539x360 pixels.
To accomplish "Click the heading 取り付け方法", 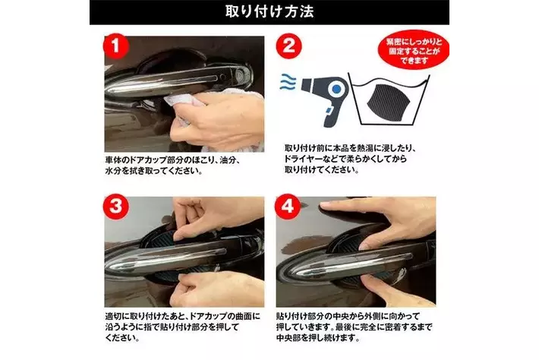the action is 269,11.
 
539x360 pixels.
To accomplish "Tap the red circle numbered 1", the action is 116,46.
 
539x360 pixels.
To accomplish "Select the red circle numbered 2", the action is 288,46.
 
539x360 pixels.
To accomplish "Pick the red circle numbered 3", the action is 116,207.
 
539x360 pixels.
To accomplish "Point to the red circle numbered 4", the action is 288,207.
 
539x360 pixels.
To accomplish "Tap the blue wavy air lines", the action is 288,82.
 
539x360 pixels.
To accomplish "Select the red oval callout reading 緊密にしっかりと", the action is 413,51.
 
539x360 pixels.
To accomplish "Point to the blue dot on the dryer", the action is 336,90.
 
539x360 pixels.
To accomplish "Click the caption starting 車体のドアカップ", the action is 172,166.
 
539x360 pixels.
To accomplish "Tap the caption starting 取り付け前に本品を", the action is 351,159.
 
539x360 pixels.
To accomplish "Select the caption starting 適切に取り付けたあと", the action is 182,327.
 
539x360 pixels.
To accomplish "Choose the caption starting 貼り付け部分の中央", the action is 354,327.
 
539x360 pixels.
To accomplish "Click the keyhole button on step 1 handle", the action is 241,74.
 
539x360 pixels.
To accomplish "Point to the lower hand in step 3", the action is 216,288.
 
